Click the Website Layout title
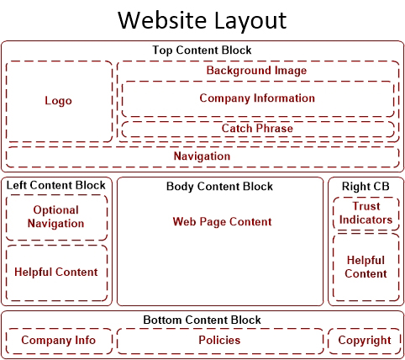[202, 21]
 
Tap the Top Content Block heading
[202, 50]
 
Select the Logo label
[59, 101]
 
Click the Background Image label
[256, 71]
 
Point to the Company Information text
[257, 98]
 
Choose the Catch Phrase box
[258, 130]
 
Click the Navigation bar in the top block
[202, 156]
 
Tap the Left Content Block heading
[56, 185]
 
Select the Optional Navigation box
[56, 218]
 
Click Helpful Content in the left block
[56, 272]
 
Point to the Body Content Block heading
[219, 187]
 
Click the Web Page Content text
[222, 222]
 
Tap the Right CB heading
[366, 187]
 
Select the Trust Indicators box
[366, 214]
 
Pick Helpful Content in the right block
[366, 267]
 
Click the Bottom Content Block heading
[202, 320]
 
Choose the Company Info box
[59, 341]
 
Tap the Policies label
[219, 340]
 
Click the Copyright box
[365, 341]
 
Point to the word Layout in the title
[250, 21]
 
